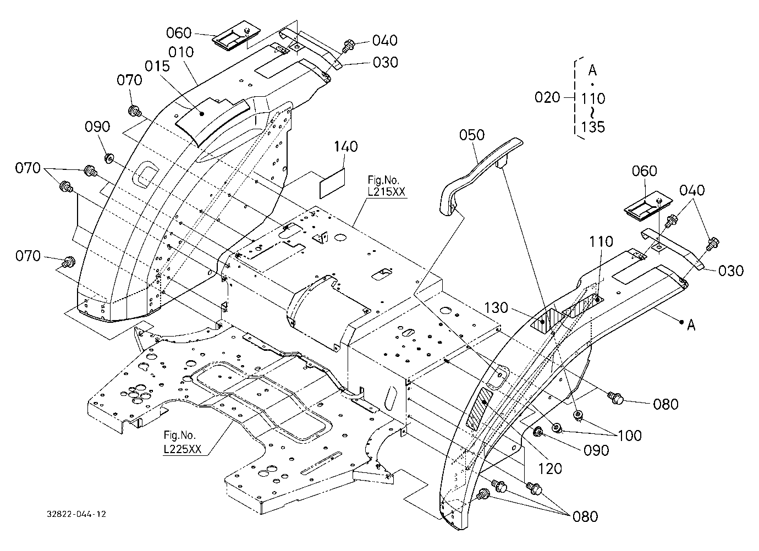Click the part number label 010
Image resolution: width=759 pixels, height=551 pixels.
pos(181,53)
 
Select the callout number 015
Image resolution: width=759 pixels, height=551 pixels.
pos(157,67)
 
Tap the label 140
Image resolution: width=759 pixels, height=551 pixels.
pos(345,147)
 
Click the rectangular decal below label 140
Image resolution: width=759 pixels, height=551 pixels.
pos(332,183)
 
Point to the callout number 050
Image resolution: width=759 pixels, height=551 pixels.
pos(472,135)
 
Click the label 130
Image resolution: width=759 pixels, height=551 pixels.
pos(496,308)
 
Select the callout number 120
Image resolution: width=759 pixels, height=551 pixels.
pos(550,469)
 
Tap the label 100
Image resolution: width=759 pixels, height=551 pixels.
pos(630,436)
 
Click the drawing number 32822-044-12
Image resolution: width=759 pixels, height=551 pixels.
pos(76,514)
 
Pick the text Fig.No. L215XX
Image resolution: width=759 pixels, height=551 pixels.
pos(386,186)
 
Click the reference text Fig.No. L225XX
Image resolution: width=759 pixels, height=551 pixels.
pos(182,442)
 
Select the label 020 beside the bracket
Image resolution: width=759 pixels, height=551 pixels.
pos(547,97)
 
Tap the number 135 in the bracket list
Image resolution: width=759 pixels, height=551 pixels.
pos(593,128)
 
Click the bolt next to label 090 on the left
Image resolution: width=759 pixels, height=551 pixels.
pos(109,158)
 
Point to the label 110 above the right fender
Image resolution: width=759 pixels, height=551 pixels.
pos(601,242)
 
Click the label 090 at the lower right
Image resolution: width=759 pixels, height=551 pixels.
pos(596,450)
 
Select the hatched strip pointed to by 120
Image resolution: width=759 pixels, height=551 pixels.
pos(479,408)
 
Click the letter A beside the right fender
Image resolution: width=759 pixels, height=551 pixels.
pos(691,326)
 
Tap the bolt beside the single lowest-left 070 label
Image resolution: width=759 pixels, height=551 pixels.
pos(69,261)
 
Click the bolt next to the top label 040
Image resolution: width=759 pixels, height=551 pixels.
pos(348,46)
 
